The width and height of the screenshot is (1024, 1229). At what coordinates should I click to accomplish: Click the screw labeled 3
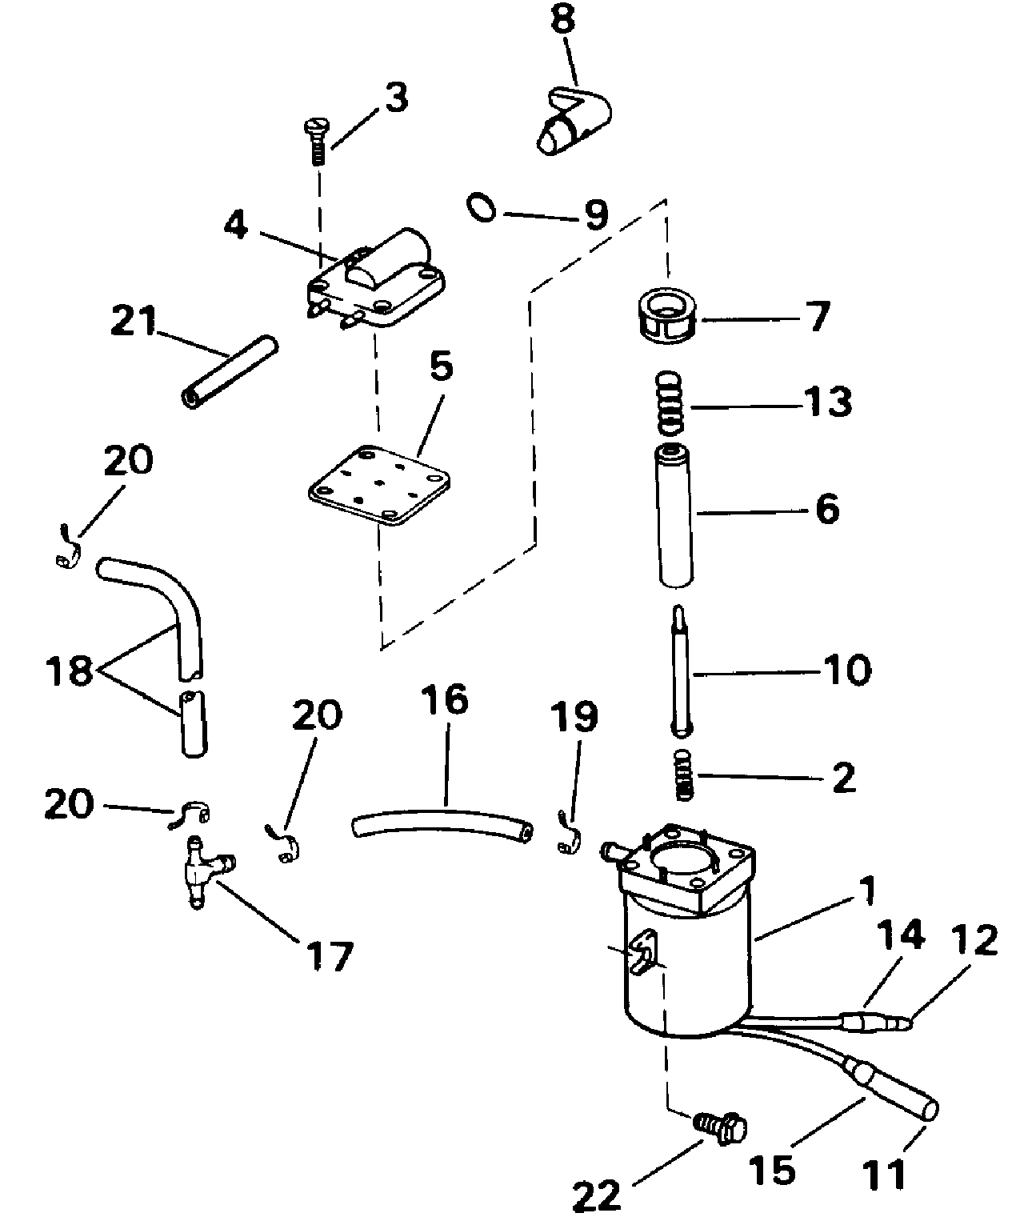(x=318, y=142)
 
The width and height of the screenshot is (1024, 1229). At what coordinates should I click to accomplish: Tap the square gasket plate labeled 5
(x=379, y=486)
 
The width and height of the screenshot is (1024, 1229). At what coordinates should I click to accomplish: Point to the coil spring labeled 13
(x=670, y=405)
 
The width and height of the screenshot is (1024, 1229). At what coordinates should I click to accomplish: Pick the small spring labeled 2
(x=682, y=775)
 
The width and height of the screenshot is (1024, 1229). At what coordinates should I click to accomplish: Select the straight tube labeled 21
(x=229, y=370)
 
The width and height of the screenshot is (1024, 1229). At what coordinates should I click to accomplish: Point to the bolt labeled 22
(x=721, y=1127)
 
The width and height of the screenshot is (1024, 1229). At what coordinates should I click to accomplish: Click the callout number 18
(x=70, y=671)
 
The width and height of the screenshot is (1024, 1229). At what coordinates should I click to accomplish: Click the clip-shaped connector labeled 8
(x=574, y=121)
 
